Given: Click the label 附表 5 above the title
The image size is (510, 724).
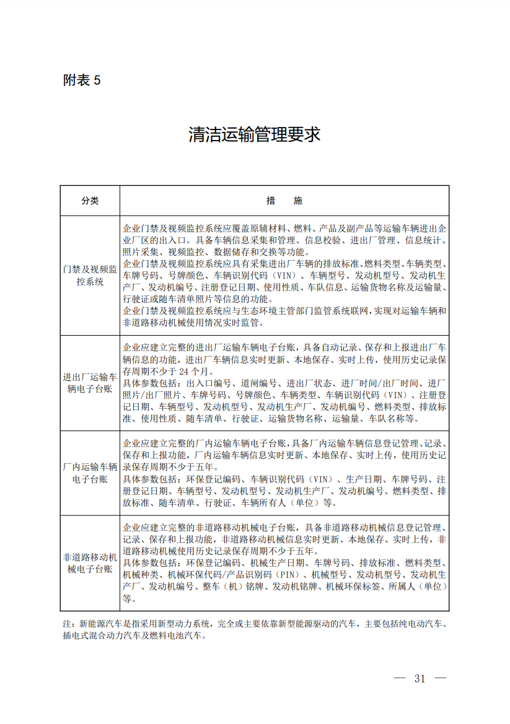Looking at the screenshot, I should point(81,80).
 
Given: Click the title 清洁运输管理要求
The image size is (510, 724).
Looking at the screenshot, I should point(255,134).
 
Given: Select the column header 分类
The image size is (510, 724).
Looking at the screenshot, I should point(90,201).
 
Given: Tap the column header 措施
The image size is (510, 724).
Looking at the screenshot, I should point(284,201).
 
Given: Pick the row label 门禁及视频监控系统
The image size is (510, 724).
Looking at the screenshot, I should point(90,276).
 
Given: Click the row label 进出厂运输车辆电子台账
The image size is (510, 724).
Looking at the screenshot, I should point(90,383).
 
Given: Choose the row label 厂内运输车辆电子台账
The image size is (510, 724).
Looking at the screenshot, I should point(90,473).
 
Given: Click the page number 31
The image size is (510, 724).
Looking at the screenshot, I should point(420,678).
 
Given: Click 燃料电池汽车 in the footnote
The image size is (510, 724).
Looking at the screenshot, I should point(177,635).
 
